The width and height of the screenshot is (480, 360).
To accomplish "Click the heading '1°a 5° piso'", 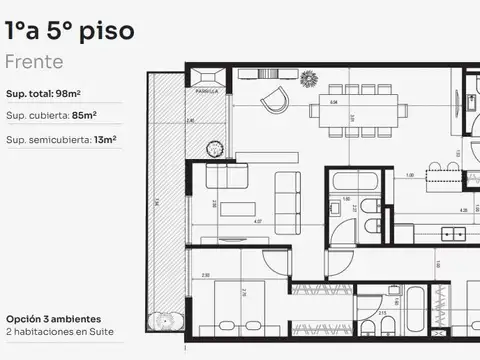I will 68,30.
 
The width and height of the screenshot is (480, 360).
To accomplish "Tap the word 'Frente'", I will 34,62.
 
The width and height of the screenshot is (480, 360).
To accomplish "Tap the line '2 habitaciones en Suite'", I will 59,330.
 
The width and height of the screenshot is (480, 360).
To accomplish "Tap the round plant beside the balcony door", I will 213,148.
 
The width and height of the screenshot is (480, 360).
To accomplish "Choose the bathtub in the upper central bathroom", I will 354,183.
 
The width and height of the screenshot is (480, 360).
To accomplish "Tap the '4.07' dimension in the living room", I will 257,221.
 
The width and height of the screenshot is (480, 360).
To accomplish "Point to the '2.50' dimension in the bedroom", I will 204,274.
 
